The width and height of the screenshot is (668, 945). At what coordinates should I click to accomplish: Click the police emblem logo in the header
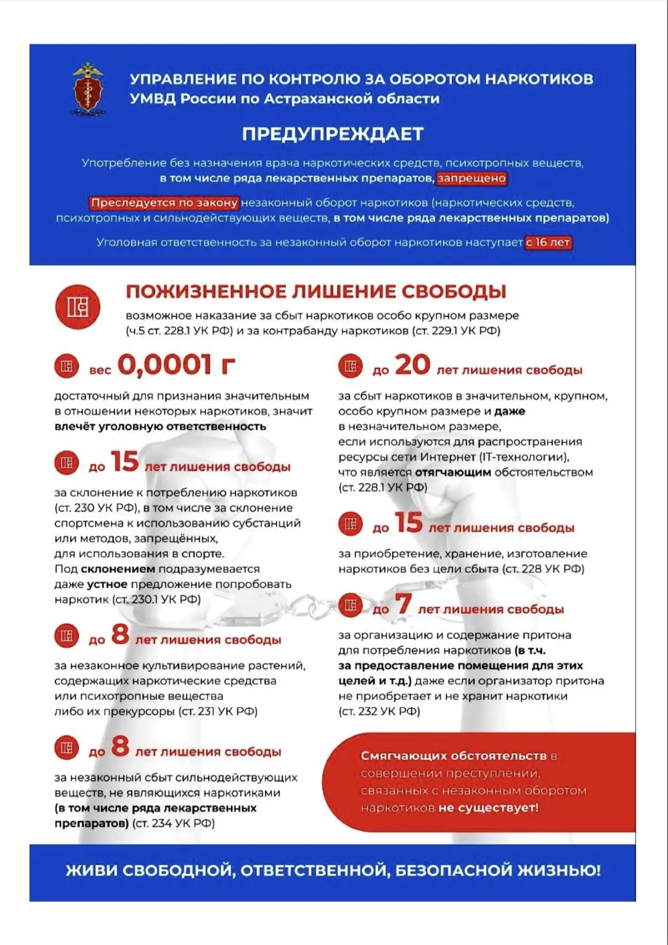(88, 89)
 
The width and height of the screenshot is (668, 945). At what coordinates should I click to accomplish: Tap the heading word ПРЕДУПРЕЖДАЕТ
(333, 134)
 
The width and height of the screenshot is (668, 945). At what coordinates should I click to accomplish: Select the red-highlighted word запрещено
(471, 178)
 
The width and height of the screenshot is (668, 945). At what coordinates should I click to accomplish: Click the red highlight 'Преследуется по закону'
(165, 203)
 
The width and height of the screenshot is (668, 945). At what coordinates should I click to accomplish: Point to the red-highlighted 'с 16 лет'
(548, 242)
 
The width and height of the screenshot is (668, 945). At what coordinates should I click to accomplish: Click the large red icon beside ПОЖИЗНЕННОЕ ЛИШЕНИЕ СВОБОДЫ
(77, 307)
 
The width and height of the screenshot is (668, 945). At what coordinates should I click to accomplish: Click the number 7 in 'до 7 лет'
(403, 604)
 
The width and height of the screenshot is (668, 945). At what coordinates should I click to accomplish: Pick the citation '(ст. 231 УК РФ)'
(218, 712)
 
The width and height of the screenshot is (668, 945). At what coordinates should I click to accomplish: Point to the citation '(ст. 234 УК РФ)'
(173, 823)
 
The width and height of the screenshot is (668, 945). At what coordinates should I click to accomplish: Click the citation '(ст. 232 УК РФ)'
(379, 712)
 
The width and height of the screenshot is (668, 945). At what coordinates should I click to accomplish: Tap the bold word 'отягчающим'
(453, 472)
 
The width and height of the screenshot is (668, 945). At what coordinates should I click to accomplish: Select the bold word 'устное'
(107, 584)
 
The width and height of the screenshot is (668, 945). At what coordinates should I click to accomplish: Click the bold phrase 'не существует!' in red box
(488, 808)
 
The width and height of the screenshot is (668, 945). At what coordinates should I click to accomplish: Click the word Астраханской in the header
(315, 99)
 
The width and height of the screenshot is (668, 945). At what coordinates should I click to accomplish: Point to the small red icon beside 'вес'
(67, 366)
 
